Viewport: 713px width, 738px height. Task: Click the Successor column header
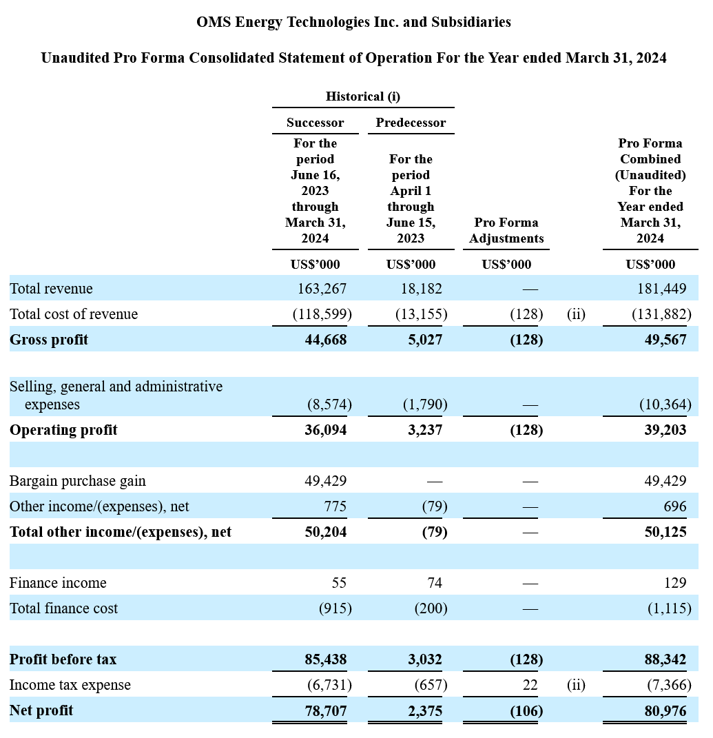(x=315, y=123)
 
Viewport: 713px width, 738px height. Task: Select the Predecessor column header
(x=411, y=123)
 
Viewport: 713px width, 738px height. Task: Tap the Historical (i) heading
(x=363, y=96)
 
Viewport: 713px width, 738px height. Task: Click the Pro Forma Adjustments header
(x=506, y=230)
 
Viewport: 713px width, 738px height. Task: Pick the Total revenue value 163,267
(x=322, y=288)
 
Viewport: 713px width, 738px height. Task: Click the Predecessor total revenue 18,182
(x=421, y=288)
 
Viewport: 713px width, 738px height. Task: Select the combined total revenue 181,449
(x=662, y=288)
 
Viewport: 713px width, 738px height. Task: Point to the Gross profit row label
(x=49, y=339)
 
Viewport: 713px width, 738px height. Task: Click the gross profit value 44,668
(x=326, y=339)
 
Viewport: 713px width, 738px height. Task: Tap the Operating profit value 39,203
(x=665, y=430)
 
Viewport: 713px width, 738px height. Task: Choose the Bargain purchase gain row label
(x=78, y=480)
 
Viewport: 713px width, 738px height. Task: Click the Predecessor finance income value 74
(x=435, y=583)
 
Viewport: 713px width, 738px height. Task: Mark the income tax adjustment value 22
(x=530, y=685)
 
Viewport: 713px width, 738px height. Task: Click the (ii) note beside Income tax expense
(x=576, y=685)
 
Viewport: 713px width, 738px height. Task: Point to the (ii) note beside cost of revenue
(x=576, y=314)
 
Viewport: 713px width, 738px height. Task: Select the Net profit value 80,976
(x=665, y=710)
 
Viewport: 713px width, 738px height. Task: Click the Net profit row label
(x=41, y=710)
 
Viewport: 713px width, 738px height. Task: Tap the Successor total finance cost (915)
(x=335, y=608)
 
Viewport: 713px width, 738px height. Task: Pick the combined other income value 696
(x=675, y=506)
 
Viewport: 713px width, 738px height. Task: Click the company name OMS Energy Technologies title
(x=353, y=22)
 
